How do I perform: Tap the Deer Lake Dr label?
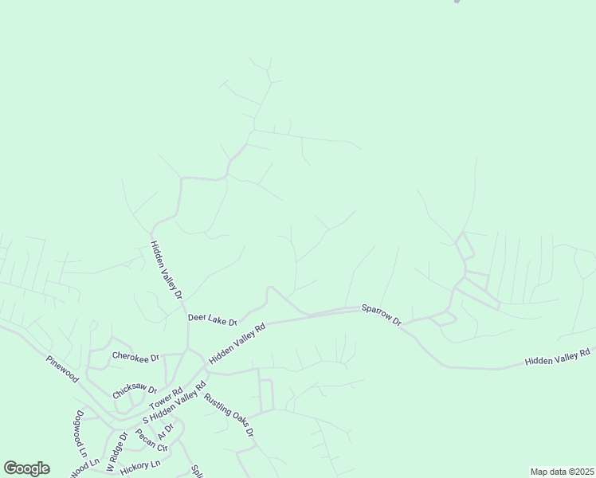tap(213, 319)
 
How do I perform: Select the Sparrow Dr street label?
tap(382, 313)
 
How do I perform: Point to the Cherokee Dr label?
tap(135, 356)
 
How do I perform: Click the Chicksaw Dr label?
tap(135, 389)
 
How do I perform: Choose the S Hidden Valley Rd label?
tap(174, 407)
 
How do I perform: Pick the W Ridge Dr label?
tap(117, 452)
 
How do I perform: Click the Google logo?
tap(26, 468)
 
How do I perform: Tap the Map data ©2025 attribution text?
tap(562, 472)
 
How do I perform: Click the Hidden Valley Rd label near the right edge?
tap(557, 357)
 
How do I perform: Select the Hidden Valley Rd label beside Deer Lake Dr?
tap(237, 344)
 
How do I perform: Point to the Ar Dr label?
tap(166, 431)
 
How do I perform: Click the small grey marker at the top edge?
tap(457, 2)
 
